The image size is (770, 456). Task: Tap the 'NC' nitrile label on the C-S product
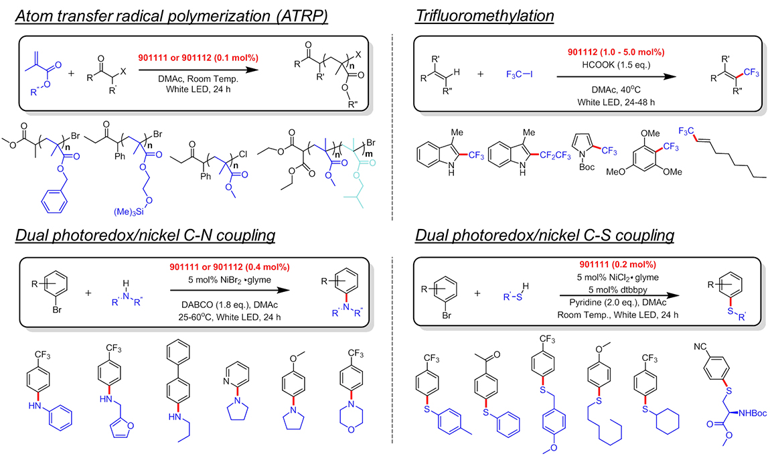(x=700, y=348)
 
